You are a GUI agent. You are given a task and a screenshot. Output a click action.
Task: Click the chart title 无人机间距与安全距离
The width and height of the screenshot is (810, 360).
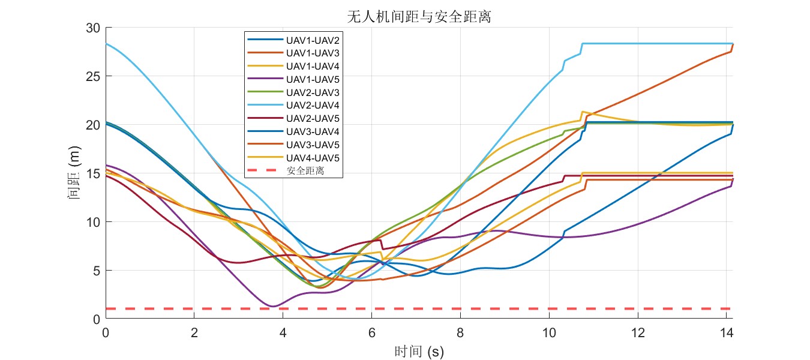point(419,17)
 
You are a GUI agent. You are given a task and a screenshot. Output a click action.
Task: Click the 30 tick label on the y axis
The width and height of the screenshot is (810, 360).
point(92,28)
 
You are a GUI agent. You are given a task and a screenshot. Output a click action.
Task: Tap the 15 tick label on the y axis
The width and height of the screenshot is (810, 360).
point(92,173)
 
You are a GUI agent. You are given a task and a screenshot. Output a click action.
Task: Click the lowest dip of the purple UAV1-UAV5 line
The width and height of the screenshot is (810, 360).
point(273,306)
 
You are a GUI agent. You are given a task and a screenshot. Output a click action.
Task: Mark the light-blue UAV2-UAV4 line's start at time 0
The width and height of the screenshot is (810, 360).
point(106,44)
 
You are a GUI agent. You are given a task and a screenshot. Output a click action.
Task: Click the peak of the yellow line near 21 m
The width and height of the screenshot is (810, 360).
point(582,112)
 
